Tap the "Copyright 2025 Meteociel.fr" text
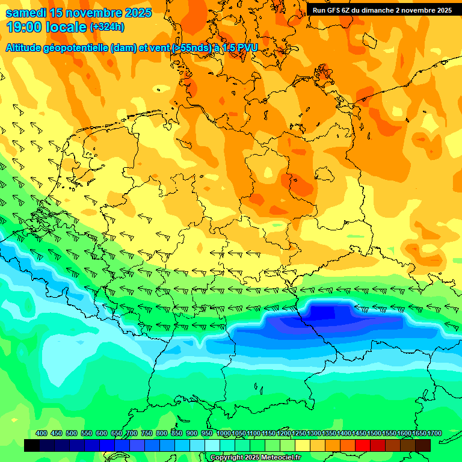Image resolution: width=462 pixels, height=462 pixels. click(256, 458)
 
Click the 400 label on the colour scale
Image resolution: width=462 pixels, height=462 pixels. click(42, 433)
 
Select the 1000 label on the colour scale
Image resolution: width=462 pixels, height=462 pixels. click(223, 433)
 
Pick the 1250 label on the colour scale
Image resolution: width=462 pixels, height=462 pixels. click(299, 433)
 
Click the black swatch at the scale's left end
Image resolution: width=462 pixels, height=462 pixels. click(32, 446)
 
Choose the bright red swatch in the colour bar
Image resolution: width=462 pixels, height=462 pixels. click(363, 446)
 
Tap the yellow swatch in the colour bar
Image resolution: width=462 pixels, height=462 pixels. click(303, 446)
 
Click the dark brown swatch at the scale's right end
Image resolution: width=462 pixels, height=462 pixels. click(423, 446)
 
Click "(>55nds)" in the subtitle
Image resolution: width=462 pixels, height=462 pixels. click(188, 48)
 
